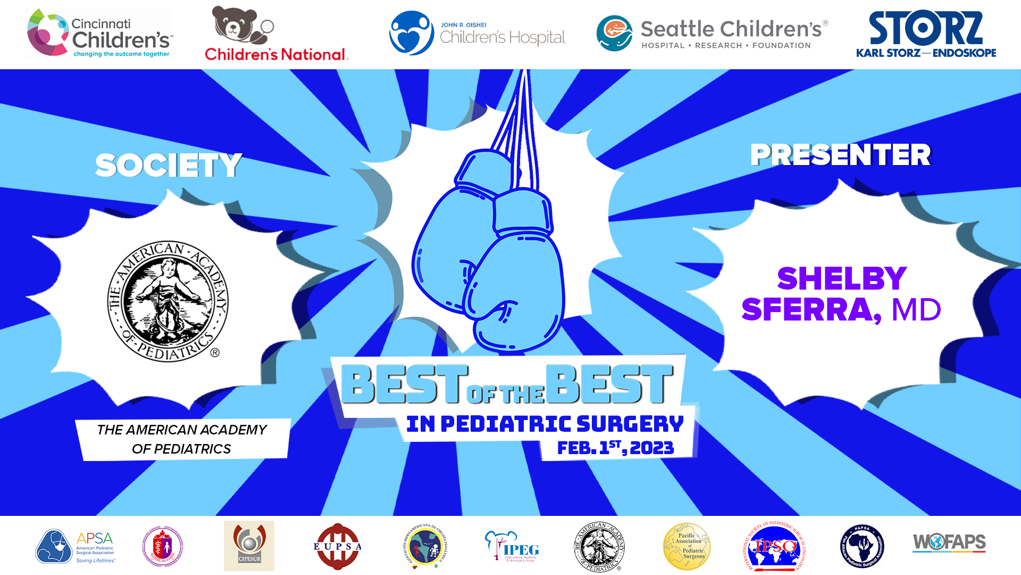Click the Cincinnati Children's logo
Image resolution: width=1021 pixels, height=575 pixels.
(x=99, y=33)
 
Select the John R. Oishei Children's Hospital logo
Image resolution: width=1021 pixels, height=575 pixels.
(x=477, y=34)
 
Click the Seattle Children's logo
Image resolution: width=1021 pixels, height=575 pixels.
(x=712, y=34)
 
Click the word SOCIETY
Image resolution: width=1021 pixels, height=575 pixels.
(x=169, y=165)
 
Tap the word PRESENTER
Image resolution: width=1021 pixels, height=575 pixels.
(x=840, y=155)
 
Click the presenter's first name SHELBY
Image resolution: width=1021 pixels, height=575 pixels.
(x=842, y=278)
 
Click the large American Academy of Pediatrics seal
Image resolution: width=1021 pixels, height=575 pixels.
(x=168, y=301)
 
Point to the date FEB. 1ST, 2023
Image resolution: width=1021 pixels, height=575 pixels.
(x=615, y=448)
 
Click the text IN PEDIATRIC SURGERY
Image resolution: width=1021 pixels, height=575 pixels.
(x=545, y=424)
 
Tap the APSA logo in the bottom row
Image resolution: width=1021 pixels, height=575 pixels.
(x=75, y=546)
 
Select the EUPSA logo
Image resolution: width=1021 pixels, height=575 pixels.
(x=337, y=546)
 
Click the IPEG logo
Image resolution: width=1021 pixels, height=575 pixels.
(x=512, y=546)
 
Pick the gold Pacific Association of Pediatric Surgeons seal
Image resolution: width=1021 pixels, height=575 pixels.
(x=687, y=546)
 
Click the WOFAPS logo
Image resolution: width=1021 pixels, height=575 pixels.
(x=949, y=543)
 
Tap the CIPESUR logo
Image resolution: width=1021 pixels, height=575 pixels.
(x=249, y=546)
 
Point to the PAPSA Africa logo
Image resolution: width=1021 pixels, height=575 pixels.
(x=862, y=546)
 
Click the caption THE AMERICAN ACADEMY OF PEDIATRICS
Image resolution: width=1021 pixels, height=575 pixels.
(x=182, y=439)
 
